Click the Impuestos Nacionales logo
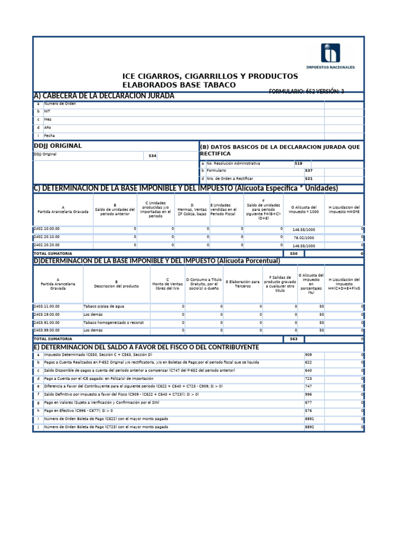point(337,56)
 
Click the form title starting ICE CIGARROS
point(210,80)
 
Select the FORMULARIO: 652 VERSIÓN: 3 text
point(306,91)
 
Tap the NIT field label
point(47,111)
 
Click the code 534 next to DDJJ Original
point(152,157)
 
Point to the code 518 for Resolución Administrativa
point(298,163)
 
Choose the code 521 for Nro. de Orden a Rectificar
point(309,178)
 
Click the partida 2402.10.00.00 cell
point(47,229)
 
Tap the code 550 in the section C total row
point(294,253)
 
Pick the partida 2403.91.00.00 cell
point(47,323)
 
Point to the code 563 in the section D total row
point(294,339)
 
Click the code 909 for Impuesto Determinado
point(308,355)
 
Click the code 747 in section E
point(308,386)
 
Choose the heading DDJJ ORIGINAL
point(58,146)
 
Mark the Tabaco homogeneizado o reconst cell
point(113,323)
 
